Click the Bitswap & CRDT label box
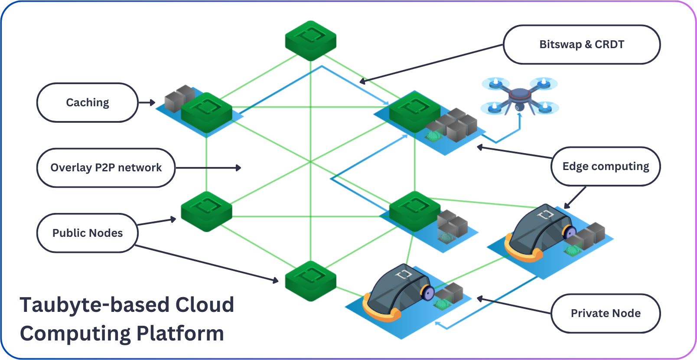pyautogui.click(x=581, y=45)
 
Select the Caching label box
pyautogui.click(x=87, y=103)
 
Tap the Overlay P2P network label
pyautogui.click(x=106, y=168)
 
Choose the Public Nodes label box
pyautogui.click(x=87, y=233)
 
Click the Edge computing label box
pyautogui.click(x=606, y=167)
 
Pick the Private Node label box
pyautogui.click(x=606, y=313)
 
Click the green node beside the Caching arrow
pyautogui.click(x=206, y=112)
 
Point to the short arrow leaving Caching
pyautogui.click(x=147, y=103)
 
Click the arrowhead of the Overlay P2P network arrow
pyautogui.click(x=238, y=168)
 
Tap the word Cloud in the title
pyautogui.click(x=205, y=305)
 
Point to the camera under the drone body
pyautogui.click(x=520, y=106)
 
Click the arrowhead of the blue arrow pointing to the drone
pyautogui.click(x=520, y=116)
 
